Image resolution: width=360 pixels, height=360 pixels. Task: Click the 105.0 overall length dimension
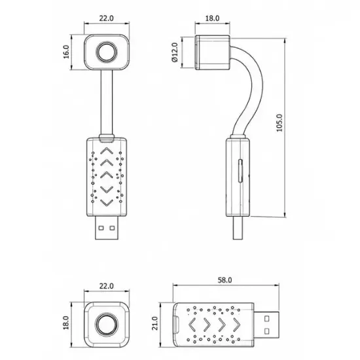click(279, 123)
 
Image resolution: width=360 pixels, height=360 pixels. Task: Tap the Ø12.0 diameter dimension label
click(175, 52)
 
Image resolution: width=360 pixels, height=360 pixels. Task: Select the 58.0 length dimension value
click(225, 280)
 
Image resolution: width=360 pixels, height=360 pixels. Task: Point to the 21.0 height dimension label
click(155, 323)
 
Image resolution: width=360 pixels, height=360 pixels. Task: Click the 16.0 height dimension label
click(66, 52)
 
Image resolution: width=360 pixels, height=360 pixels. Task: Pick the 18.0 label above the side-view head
click(212, 18)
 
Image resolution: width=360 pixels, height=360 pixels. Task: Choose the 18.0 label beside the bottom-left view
click(66, 323)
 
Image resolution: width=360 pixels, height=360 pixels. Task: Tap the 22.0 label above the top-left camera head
click(106, 18)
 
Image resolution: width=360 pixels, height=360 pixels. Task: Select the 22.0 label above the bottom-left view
click(106, 286)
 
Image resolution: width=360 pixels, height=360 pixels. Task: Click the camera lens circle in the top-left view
click(107, 52)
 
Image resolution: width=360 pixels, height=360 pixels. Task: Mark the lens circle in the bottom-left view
click(107, 325)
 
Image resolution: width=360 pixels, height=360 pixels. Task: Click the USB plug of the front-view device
click(107, 228)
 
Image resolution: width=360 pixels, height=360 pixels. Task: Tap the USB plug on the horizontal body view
click(266, 325)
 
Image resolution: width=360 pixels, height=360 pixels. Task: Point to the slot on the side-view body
click(240, 171)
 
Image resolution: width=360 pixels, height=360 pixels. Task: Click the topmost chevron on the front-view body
click(107, 151)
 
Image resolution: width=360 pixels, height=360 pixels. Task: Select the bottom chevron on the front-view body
click(107, 202)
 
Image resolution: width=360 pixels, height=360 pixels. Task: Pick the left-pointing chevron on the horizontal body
click(192, 325)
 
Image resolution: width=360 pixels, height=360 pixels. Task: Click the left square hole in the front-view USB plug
click(101, 228)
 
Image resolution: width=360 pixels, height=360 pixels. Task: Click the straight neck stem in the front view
click(107, 102)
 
